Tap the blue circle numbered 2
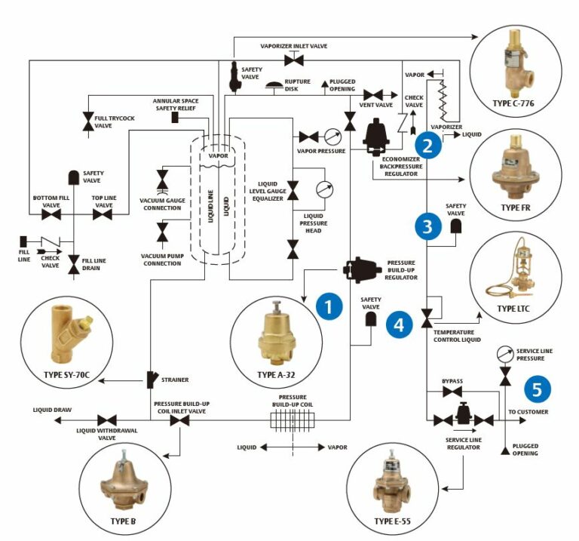[x=427, y=146]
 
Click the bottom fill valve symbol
[x=51, y=215]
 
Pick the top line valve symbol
[x=103, y=215]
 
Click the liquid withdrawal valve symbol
[x=106, y=420]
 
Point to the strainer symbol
[x=153, y=377]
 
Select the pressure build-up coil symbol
[x=290, y=420]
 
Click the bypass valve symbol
[x=452, y=392]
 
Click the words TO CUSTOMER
[x=528, y=412]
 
